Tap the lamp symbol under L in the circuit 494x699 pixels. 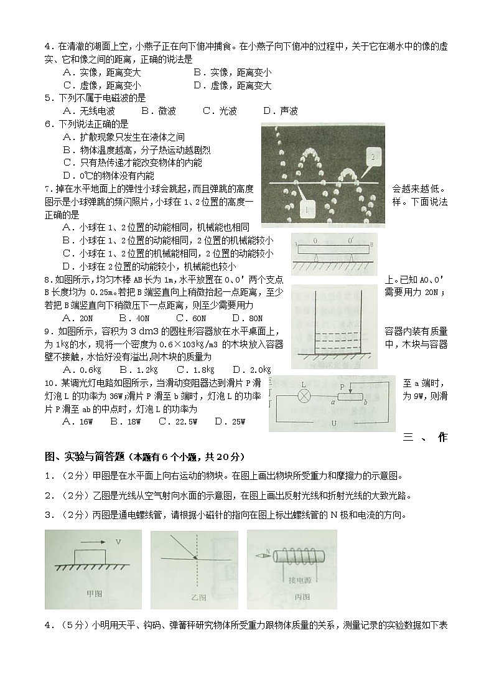pos(304,395)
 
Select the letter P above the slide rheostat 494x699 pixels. pos(342,386)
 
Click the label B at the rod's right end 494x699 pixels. pos(371,244)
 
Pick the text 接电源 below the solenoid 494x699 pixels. pos(301,580)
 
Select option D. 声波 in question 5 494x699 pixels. pos(281,111)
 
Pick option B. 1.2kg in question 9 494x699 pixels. pos(132,369)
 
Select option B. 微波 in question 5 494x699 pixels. pos(159,111)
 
